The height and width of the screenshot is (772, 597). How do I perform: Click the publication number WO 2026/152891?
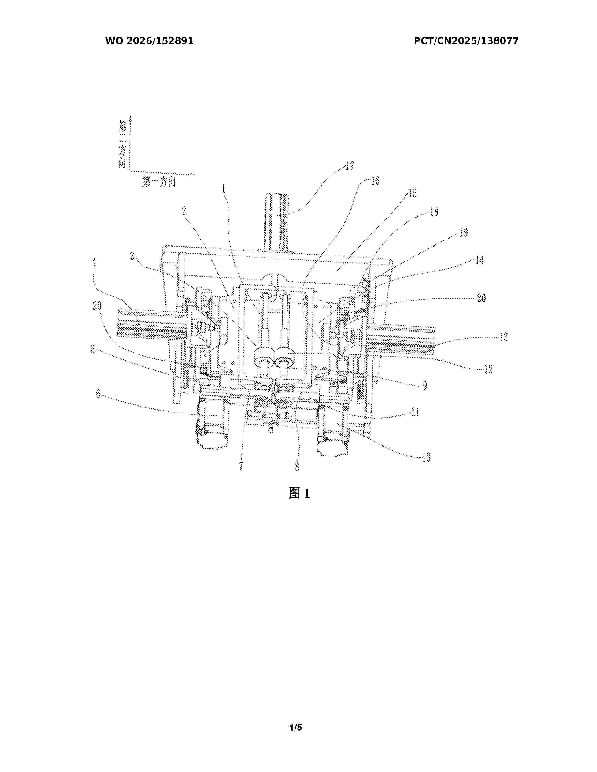[149, 41]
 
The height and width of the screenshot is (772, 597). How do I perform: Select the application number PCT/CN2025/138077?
[466, 41]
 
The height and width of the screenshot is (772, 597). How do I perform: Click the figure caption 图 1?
[299, 493]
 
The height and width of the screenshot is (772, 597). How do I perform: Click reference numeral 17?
[350, 166]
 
